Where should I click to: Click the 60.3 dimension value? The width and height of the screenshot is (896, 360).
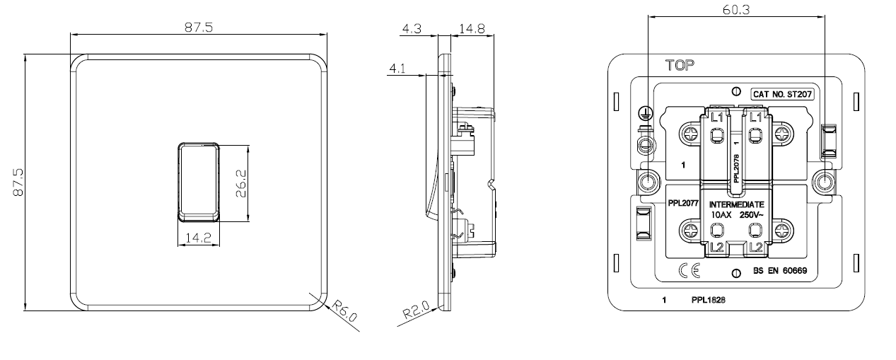coord(736,10)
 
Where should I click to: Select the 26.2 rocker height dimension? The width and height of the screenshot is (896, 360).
coord(241,184)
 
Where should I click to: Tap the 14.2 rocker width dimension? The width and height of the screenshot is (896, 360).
coord(198,238)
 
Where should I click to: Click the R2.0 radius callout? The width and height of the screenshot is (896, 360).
coord(416,309)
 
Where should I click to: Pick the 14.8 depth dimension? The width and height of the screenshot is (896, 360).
coord(472,29)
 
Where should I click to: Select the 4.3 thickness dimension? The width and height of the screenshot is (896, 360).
coord(412,29)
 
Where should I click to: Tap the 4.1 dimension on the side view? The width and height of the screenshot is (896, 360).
coord(397,69)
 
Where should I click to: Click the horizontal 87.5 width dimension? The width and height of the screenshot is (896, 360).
coord(199,27)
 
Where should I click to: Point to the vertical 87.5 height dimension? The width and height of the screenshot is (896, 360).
coord(18,182)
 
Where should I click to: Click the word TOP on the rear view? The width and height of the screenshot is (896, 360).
coord(680,65)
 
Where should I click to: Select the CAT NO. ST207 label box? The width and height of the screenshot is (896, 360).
coord(782,94)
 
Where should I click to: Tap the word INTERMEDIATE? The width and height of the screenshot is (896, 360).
coord(736,204)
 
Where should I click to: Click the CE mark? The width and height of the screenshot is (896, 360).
coord(690,271)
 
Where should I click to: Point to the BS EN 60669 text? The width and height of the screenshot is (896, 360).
coord(780,271)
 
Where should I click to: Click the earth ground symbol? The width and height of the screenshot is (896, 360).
coord(644,113)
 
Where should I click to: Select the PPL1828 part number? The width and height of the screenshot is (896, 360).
coord(709,300)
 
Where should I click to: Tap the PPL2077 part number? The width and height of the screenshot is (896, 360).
coord(683,203)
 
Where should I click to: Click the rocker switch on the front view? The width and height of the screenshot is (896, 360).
coord(199,182)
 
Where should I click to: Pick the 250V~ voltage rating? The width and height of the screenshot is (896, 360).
coord(751,215)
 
